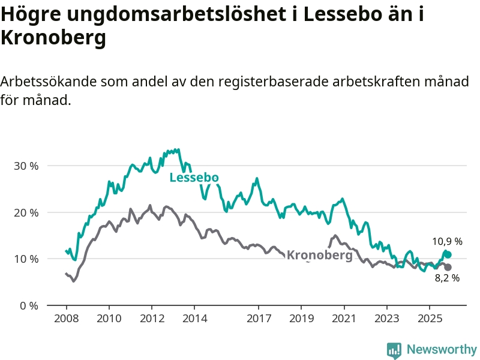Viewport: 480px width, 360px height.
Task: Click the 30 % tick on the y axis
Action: (26, 166)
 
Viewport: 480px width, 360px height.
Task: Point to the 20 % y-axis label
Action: (26, 212)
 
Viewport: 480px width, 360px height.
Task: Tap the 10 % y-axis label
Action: (26, 259)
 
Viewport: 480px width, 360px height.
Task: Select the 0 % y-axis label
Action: (29, 306)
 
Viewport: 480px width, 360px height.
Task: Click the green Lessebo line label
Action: (194, 178)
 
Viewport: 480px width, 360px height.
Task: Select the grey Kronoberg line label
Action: (319, 255)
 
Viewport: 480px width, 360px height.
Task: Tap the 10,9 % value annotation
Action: (447, 242)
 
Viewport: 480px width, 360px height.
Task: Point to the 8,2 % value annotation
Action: (447, 278)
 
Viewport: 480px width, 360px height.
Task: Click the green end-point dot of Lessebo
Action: (447, 254)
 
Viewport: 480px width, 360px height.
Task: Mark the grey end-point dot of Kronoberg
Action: (448, 267)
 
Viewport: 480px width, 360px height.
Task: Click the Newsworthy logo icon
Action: (394, 350)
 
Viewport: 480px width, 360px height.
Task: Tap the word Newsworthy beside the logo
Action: (442, 350)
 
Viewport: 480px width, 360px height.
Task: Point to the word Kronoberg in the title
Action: (53, 37)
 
